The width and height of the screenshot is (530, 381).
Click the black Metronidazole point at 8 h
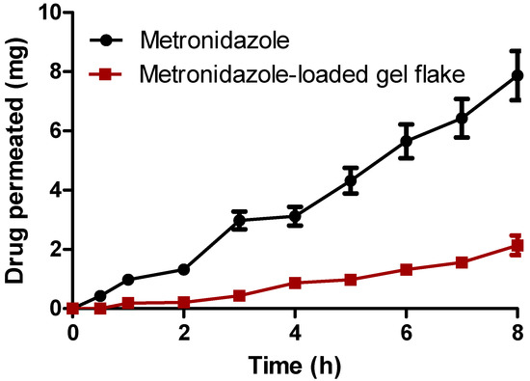click(517, 75)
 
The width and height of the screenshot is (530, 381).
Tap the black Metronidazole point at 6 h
click(407, 141)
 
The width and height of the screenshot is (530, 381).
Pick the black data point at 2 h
click(184, 269)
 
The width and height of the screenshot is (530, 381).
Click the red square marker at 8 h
click(517, 246)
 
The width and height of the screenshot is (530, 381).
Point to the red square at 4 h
click(295, 283)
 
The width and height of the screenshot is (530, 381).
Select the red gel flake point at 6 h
click(407, 269)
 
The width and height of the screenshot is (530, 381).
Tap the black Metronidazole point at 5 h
click(351, 180)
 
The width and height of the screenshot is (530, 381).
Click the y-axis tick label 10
click(45, 13)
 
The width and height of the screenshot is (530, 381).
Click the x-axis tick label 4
click(295, 332)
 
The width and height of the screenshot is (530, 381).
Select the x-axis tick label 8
click(517, 332)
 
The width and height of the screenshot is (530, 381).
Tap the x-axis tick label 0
click(73, 332)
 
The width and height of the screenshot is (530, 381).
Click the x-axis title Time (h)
click(296, 364)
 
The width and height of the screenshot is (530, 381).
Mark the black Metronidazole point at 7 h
click(462, 118)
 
